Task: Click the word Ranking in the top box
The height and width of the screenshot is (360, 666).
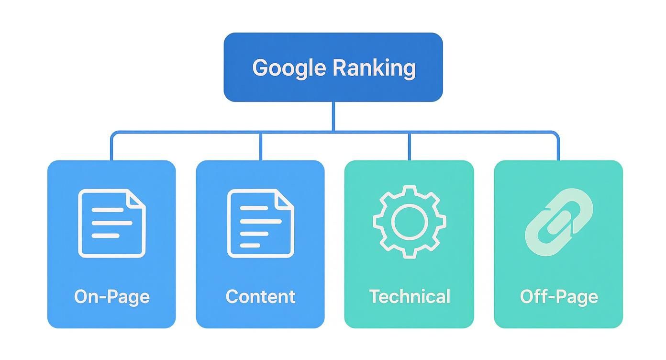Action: click(374, 68)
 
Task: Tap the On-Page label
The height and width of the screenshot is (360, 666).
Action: click(111, 296)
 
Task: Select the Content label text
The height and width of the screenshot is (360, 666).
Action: click(260, 296)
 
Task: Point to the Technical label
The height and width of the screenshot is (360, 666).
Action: click(410, 296)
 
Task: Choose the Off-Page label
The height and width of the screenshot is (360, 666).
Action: click(559, 296)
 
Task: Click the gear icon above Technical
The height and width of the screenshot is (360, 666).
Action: click(409, 221)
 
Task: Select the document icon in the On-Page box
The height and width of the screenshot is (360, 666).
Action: click(111, 223)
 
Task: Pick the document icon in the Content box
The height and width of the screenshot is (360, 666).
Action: click(260, 223)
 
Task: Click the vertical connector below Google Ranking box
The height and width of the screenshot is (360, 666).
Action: click(333, 116)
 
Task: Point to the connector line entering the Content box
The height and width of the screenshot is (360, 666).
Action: click(260, 146)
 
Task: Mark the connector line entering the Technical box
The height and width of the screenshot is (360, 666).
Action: click(409, 146)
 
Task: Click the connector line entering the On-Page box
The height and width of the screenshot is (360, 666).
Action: click(111, 146)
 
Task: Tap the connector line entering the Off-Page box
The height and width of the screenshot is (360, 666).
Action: click(558, 146)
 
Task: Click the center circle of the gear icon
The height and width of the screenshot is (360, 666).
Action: click(409, 221)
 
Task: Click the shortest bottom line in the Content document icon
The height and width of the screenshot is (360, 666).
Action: click(250, 246)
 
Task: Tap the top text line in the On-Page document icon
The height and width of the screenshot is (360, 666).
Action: click(107, 210)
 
